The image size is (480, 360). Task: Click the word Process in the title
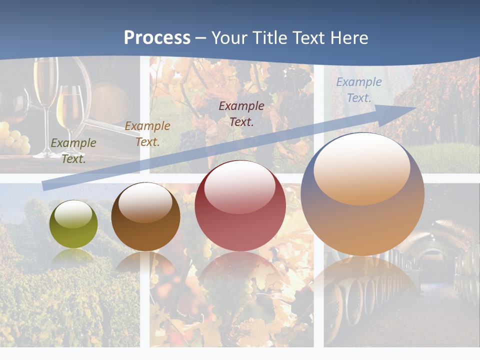(x=157, y=38)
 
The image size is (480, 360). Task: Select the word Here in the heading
(x=348, y=38)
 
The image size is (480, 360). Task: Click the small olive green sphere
(x=73, y=224)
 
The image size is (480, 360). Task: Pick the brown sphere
(x=145, y=217)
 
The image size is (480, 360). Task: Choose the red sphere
(x=240, y=206)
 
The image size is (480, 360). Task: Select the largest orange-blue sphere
(x=362, y=194)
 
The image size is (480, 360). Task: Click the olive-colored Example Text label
(x=73, y=151)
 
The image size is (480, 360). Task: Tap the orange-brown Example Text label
(x=147, y=134)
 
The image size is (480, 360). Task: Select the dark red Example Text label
(x=241, y=113)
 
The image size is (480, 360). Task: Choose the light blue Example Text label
(x=358, y=90)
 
